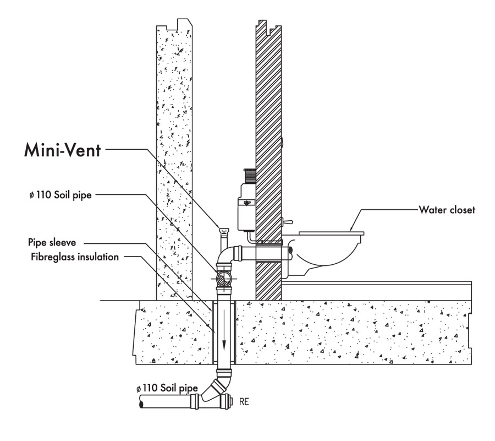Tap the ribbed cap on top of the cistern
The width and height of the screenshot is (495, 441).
[x=249, y=175]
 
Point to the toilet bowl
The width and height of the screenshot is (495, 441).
[x=330, y=253]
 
